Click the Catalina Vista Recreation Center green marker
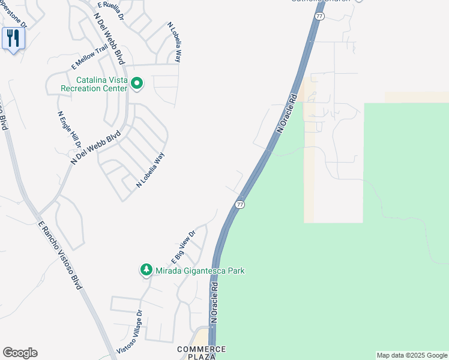click(137, 83)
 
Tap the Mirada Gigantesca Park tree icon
click(146, 271)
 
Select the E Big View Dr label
click(184, 247)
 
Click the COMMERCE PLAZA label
click(202, 353)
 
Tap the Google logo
click(20, 353)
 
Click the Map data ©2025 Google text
click(412, 355)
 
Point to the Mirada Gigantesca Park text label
click(200, 271)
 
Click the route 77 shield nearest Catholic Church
click(319, 16)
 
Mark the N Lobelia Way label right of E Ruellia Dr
click(173, 43)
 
